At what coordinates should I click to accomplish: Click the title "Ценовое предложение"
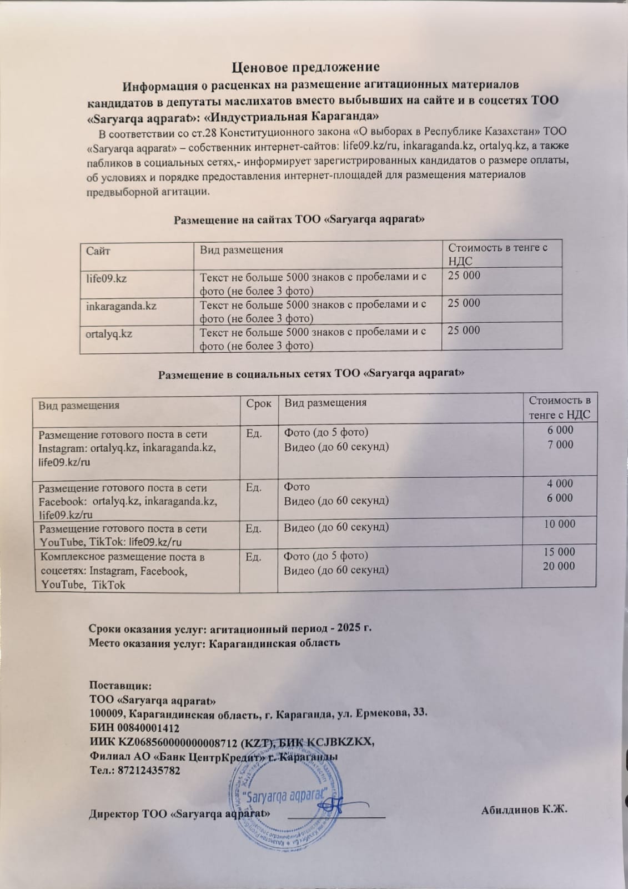pos(305,67)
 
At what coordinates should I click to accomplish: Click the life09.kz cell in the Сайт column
pos(107,278)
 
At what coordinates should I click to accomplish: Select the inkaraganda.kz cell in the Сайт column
pos(122,306)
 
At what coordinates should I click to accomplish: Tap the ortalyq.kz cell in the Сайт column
pos(109,333)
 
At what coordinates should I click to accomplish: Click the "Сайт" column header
pos(98,251)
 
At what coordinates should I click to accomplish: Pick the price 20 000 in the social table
pos(559,566)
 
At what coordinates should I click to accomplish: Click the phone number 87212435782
pos(150,771)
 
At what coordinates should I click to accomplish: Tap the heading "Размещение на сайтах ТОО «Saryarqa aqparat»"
pos(300,219)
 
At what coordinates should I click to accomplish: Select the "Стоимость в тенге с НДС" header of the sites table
pos(498,254)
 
